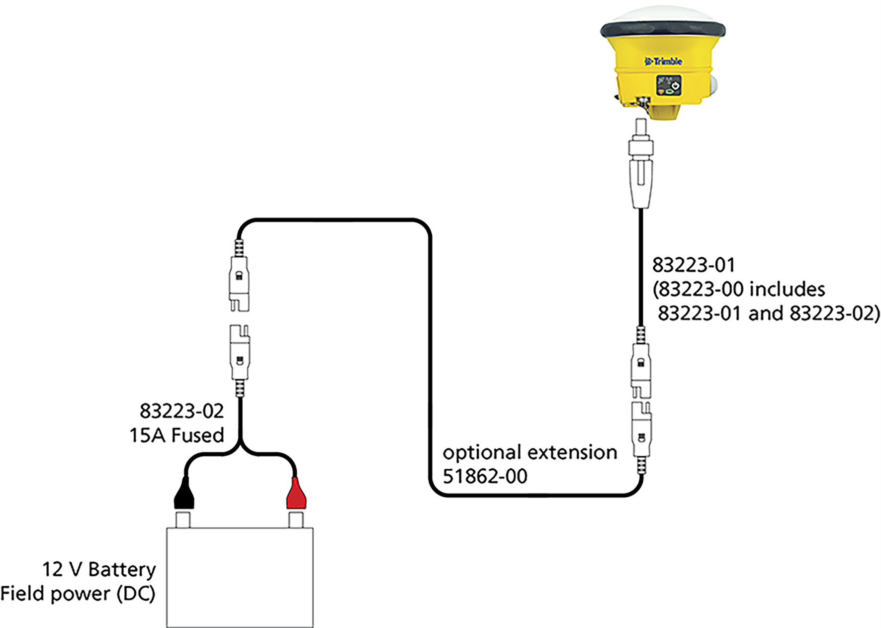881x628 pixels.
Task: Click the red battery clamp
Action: [x=296, y=494]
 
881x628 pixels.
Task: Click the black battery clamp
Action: [x=184, y=494]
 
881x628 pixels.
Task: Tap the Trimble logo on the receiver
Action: [x=663, y=62]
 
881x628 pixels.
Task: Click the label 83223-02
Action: [x=181, y=411]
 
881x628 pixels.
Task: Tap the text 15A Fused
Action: [x=176, y=435]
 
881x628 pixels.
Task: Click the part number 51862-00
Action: [x=485, y=476]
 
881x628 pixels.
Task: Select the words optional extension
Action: [x=529, y=452]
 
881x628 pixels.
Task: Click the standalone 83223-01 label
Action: [x=693, y=265]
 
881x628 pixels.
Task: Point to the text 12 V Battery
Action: [x=99, y=569]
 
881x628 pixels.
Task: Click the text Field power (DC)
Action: [x=78, y=594]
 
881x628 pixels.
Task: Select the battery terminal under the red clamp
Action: [x=296, y=520]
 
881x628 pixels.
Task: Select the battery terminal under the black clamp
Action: [x=183, y=520]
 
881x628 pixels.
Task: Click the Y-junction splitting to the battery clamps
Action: [x=241, y=444]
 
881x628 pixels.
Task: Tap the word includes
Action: [x=788, y=289]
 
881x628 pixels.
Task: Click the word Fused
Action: [x=197, y=435]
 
